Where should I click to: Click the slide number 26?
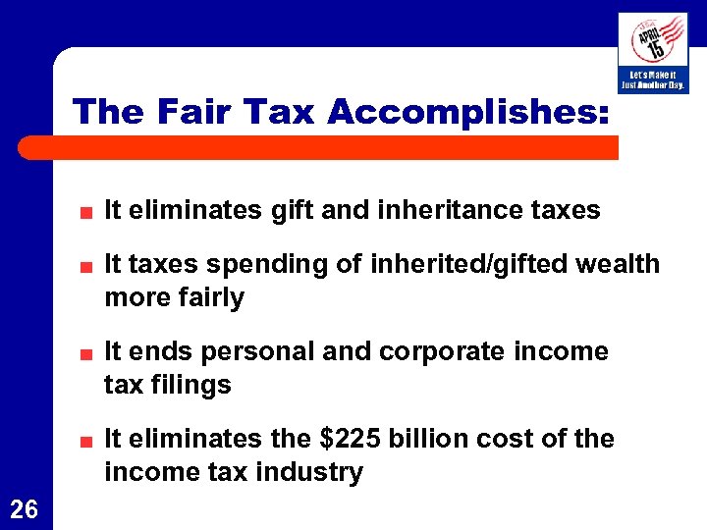point(25,508)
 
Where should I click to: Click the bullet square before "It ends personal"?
point(87,353)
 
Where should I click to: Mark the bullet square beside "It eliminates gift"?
point(87,212)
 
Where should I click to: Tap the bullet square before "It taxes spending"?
point(87,266)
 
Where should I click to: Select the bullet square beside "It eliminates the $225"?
point(87,441)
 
